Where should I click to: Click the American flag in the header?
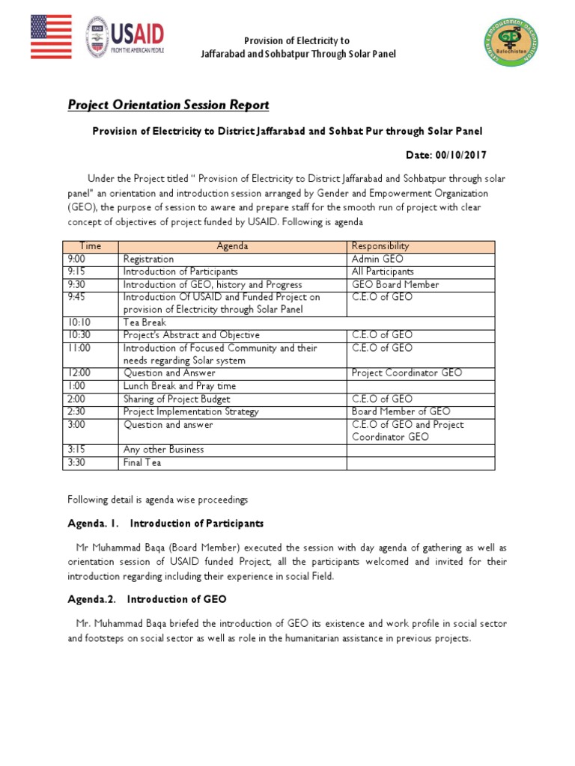(x=52, y=37)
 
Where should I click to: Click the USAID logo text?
(x=138, y=33)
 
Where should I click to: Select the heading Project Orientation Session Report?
(x=168, y=105)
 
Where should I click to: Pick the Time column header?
(x=90, y=246)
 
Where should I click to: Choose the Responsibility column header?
(x=380, y=246)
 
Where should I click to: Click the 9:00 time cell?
(x=77, y=259)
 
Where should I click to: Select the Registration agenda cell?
(x=148, y=259)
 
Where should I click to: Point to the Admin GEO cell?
(x=377, y=259)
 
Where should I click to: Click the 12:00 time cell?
(x=79, y=373)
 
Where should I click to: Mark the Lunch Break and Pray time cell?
(x=180, y=386)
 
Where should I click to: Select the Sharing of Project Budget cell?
(x=177, y=399)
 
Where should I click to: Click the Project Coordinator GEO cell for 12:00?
(x=407, y=373)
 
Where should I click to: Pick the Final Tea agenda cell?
(x=142, y=463)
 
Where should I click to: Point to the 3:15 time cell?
(x=77, y=450)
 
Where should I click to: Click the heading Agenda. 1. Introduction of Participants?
(x=165, y=523)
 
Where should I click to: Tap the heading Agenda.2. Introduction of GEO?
(x=147, y=600)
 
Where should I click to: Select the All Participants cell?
(x=383, y=272)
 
